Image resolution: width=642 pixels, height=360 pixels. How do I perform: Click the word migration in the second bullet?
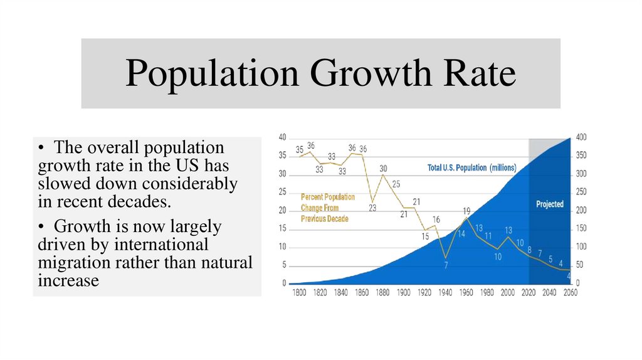coord(76,262)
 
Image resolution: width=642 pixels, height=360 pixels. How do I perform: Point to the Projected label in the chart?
coord(550,204)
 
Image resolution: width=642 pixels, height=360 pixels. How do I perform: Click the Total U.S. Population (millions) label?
coord(471,167)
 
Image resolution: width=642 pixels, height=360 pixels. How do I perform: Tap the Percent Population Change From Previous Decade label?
coord(327,208)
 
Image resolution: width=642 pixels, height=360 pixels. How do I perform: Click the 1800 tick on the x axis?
coord(300,293)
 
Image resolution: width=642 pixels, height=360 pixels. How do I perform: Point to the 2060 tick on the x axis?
coord(571,293)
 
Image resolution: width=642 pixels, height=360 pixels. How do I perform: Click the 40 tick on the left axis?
coord(283,137)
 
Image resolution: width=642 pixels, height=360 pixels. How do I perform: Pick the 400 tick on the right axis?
coord(582,137)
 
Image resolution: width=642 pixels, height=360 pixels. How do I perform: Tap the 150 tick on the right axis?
coord(582,228)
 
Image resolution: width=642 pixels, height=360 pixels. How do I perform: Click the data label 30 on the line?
coord(383,168)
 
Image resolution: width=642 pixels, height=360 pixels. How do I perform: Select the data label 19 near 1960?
coord(466,211)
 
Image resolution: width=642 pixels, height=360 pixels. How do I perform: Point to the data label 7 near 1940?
coord(446,265)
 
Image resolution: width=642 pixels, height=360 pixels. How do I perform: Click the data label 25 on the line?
coord(396,184)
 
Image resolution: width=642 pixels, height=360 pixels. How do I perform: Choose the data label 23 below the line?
coord(372,208)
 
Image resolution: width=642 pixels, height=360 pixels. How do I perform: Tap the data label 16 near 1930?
coord(436,219)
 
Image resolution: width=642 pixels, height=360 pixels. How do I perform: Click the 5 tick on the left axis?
coord(284,265)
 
